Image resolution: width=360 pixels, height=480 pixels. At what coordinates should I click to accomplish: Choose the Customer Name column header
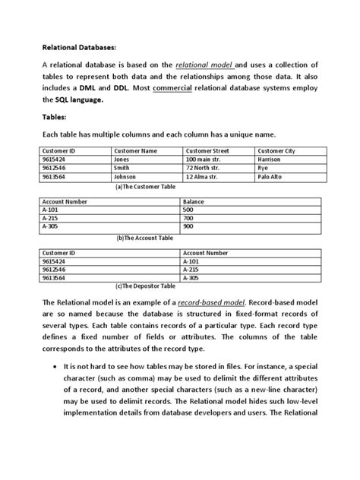(135, 151)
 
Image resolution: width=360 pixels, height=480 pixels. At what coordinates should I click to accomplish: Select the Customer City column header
(280, 151)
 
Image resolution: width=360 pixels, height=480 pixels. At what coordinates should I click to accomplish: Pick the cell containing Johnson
(126, 176)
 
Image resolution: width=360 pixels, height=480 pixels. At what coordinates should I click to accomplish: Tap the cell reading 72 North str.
(203, 168)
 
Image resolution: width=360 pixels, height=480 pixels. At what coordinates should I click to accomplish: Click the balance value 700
(188, 218)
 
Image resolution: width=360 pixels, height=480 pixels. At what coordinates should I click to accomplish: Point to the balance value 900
(188, 226)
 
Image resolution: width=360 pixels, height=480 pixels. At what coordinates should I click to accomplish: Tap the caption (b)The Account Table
(145, 236)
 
